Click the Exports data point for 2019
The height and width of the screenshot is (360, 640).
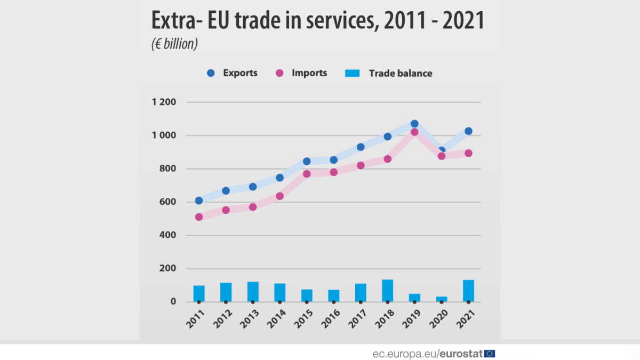coord(414,124)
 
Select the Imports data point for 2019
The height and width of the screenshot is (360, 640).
coord(414,132)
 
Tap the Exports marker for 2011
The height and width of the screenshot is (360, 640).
coord(199,201)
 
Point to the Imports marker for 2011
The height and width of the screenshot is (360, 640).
coord(199,217)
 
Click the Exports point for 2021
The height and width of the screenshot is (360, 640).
coord(468,131)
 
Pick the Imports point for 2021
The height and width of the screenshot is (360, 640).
coord(468,153)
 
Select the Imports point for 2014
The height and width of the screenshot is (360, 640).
coord(279,196)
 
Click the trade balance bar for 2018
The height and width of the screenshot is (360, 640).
coord(387,291)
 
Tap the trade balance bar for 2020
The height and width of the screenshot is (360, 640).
coord(441,299)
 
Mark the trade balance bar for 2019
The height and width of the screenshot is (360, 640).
coord(414,298)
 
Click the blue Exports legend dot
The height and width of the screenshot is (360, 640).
coord(211,73)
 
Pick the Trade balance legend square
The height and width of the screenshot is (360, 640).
coord(353,73)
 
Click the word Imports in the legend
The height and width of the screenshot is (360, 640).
coord(309,73)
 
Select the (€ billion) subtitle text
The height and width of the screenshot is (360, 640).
coord(174,44)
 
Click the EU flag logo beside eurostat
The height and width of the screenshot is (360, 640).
coord(490,353)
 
